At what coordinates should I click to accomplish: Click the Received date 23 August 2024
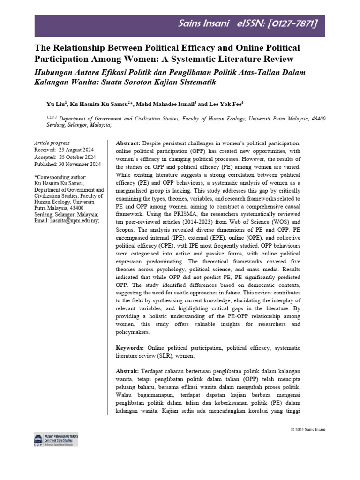70,150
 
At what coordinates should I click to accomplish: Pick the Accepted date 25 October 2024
71,157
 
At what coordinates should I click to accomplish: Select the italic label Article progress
52,143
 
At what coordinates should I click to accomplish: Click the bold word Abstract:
128,142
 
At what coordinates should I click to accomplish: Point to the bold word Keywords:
130,348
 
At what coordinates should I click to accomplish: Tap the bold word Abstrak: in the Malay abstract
127,370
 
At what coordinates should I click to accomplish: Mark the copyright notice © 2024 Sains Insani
308,430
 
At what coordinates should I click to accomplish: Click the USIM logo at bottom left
38,440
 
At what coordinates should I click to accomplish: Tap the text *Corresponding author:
60,177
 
